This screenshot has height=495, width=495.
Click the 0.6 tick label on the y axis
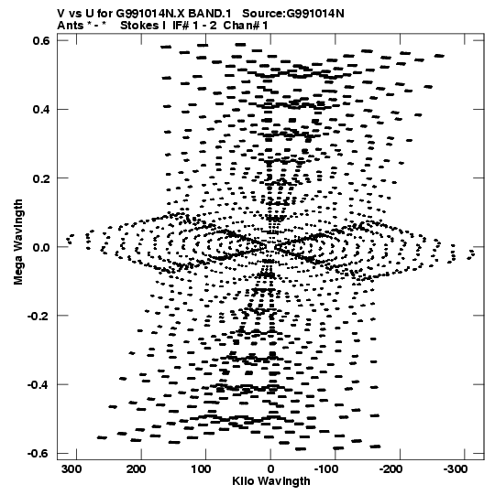click(42, 41)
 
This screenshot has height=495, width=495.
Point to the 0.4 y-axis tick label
click(42, 109)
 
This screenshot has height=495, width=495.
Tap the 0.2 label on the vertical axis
click(42, 178)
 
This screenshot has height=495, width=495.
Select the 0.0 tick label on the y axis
click(42, 247)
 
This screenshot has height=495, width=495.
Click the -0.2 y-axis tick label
click(38, 316)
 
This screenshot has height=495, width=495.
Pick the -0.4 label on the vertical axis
click(38, 384)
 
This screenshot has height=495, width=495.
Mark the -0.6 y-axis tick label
click(38, 453)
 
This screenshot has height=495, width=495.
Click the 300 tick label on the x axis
click(71, 469)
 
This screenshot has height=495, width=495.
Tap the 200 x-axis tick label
click(137, 469)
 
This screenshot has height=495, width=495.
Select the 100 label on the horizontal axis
click(201, 469)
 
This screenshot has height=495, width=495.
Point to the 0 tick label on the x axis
click(270, 469)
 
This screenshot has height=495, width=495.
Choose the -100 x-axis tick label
click(326, 469)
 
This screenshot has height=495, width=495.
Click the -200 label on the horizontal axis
click(390, 469)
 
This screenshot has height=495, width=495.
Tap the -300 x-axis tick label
click(456, 469)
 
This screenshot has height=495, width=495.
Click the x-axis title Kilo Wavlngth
click(271, 481)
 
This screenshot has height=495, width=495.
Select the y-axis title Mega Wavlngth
click(18, 242)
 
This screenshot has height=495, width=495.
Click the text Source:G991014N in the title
click(293, 14)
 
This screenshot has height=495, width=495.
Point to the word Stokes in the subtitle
click(143, 26)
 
